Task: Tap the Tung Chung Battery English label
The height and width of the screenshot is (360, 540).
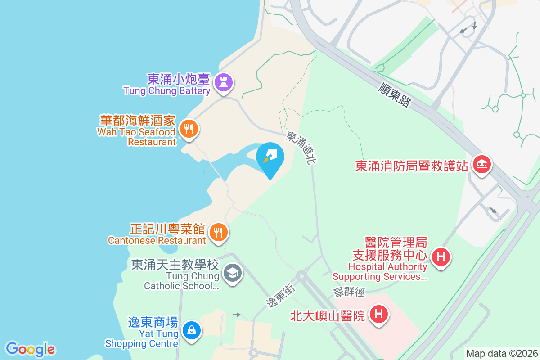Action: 167,91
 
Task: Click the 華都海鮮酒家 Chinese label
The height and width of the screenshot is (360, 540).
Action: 137,121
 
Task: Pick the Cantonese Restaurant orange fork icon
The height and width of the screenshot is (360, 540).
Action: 219,232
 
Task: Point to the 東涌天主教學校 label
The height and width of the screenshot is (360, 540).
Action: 175,264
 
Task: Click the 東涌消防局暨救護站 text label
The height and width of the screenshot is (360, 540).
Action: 412,166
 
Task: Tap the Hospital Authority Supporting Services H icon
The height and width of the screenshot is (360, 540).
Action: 441,257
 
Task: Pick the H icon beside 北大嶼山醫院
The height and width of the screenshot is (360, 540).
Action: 379,314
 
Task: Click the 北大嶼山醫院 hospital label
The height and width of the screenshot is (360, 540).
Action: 327,315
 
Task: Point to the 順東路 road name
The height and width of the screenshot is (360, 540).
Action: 395,95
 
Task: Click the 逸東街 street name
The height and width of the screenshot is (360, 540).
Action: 281,297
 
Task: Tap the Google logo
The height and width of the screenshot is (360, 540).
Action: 30,349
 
